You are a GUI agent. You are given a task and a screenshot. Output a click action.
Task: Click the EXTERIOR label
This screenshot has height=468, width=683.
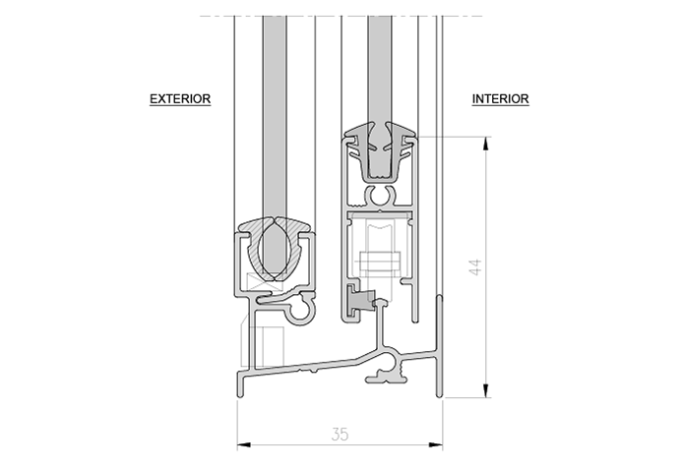click(x=180, y=99)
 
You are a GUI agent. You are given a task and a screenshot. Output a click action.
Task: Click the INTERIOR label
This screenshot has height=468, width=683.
click(x=501, y=99)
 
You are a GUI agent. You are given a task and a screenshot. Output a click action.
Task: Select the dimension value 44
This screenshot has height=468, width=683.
click(x=474, y=267)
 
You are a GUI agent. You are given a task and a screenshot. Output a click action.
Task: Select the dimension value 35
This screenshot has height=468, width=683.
click(x=339, y=434)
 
